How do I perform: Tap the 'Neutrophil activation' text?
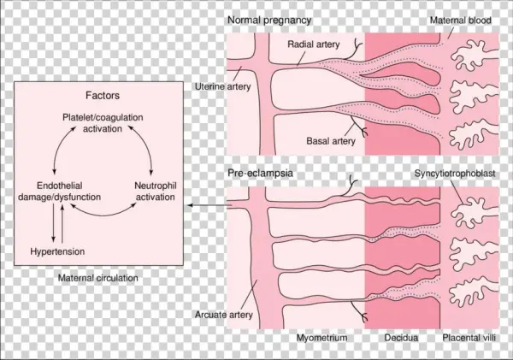click(x=156, y=191)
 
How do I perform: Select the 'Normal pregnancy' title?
click(x=268, y=20)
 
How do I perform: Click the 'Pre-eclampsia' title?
click(x=259, y=174)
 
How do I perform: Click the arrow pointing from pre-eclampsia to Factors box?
click(x=205, y=205)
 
